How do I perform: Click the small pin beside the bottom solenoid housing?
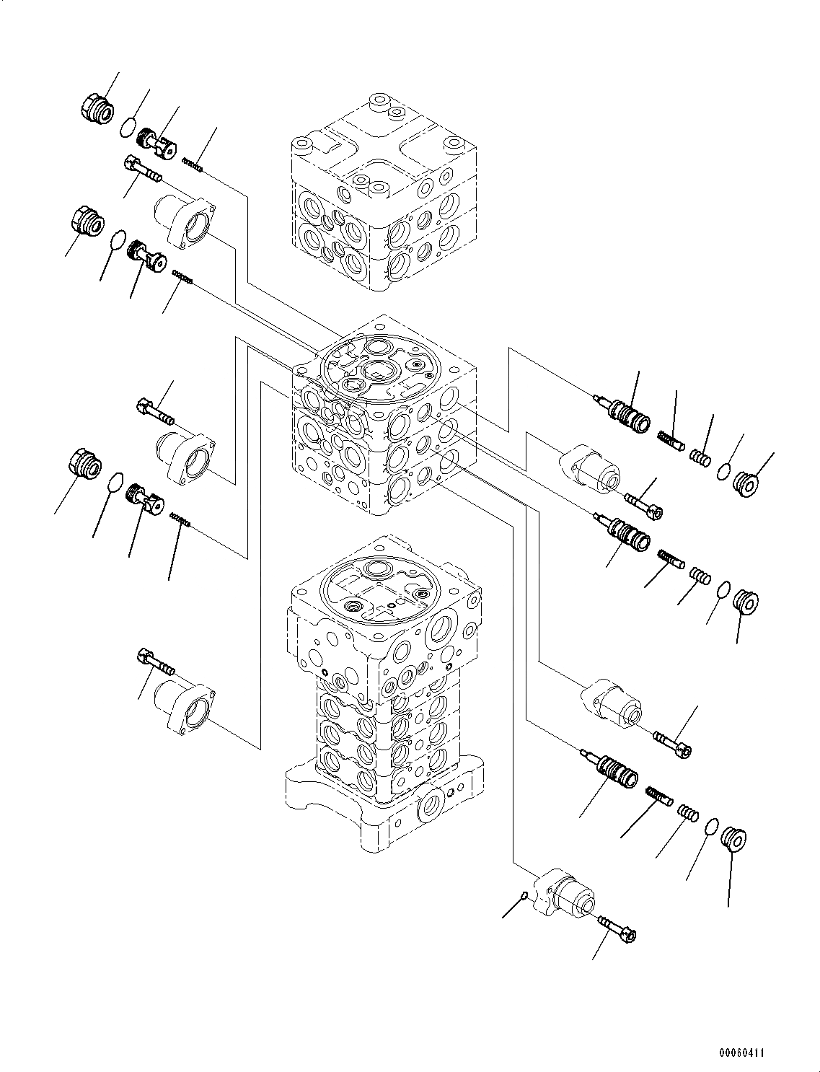coord(525,896)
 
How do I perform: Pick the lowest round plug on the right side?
coord(733,841)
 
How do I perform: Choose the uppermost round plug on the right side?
coord(746,483)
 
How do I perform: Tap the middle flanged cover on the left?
coord(185,457)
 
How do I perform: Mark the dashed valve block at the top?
coord(382,195)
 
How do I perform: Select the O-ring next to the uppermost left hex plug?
coord(128,128)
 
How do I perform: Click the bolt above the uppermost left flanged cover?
coord(143,170)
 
